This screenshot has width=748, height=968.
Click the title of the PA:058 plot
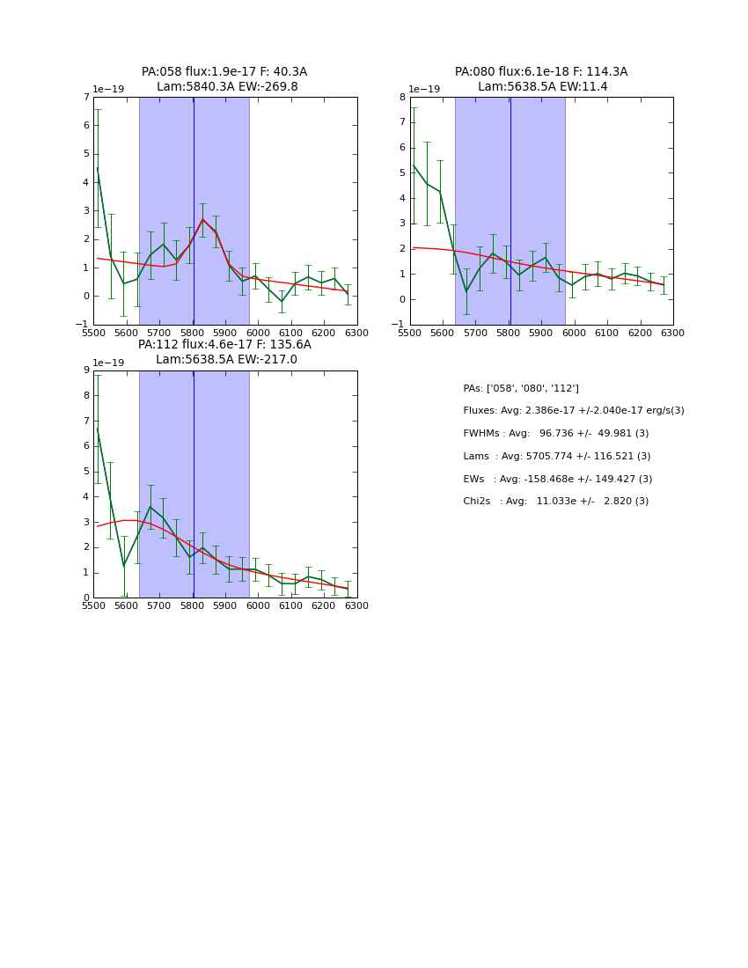[x=224, y=79]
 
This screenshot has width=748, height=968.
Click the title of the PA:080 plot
[x=541, y=79]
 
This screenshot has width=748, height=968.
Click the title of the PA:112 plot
[x=224, y=352]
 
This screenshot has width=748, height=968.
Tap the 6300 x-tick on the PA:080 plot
[x=672, y=333]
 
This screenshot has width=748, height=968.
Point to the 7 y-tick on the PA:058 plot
[x=86, y=97]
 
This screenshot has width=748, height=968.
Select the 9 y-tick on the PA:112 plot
[x=86, y=370]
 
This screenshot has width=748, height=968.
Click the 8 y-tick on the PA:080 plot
[x=402, y=97]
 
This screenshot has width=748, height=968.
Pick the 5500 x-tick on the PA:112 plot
[x=93, y=605]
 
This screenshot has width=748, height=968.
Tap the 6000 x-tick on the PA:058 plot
[x=258, y=333]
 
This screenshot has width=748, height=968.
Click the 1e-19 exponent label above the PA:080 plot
[x=425, y=89]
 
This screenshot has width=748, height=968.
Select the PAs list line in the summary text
[x=521, y=388]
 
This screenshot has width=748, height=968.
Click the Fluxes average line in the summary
[x=574, y=411]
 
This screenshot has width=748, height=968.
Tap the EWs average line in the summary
[x=558, y=480]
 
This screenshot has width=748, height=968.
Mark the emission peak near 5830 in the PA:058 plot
[x=202, y=219]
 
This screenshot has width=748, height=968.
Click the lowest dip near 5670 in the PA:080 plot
[x=466, y=291]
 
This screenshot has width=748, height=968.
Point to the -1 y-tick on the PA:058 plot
[x=84, y=325]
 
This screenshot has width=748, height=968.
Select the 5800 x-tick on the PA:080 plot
[x=508, y=333]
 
